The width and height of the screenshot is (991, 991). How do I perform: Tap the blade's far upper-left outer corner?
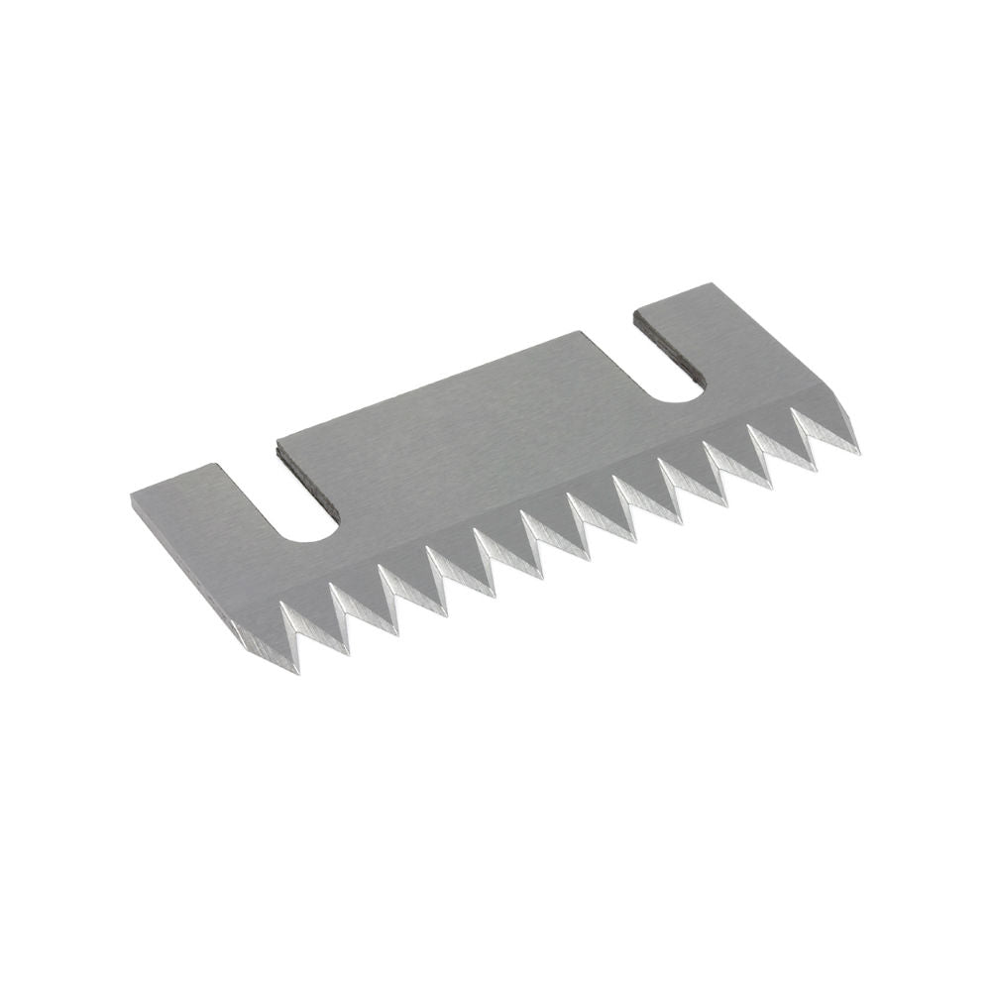[132, 491]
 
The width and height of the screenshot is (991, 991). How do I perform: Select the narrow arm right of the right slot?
[753, 347]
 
